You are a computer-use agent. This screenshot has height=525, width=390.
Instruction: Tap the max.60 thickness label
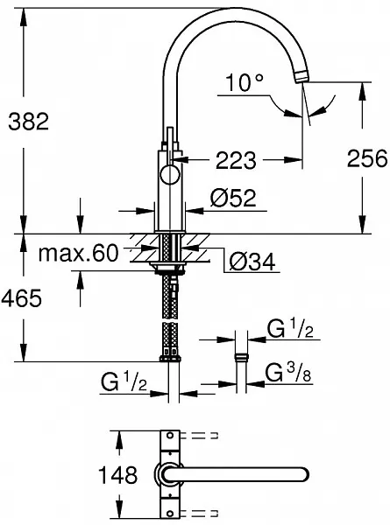coord(79,254)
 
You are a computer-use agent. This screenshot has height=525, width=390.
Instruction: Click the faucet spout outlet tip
coord(303,78)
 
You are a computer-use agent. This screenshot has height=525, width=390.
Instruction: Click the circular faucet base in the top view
coord(167,474)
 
